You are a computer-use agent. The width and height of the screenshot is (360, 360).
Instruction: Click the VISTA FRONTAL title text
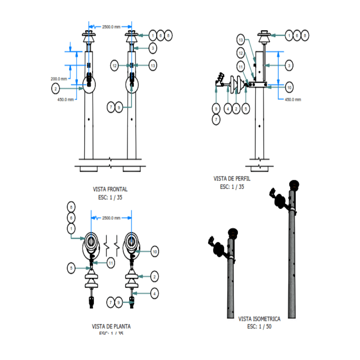click(x=110, y=189)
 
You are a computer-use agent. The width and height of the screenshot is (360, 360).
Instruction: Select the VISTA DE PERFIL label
click(x=232, y=179)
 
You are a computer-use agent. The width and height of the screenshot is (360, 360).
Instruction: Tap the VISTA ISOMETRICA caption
click(x=259, y=319)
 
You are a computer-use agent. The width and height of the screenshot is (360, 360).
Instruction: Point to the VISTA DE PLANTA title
click(x=111, y=326)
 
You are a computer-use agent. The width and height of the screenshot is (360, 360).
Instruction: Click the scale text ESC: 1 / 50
click(x=259, y=327)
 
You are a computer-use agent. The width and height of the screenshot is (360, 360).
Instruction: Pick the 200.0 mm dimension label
click(x=59, y=79)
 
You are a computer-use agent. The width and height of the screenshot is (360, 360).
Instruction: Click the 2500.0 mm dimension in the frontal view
click(x=111, y=27)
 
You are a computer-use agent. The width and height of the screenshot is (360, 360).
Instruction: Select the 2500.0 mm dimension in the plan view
click(x=111, y=218)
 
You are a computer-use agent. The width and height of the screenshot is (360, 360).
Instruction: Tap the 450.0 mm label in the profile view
click(x=293, y=99)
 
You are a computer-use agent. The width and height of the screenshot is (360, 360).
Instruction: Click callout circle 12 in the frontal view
click(x=115, y=66)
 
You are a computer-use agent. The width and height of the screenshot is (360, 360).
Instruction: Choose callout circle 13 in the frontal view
click(x=153, y=66)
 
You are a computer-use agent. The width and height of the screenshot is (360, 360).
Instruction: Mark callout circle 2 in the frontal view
click(x=56, y=89)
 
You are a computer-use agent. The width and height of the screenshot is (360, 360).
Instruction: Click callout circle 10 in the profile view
click(x=289, y=87)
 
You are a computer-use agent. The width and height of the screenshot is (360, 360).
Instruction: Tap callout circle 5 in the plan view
click(x=71, y=268)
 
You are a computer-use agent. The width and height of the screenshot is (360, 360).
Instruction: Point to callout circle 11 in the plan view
click(x=111, y=263)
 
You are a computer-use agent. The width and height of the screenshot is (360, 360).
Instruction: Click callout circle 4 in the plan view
click(x=154, y=294)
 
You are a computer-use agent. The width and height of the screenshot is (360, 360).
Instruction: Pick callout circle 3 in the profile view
click(x=289, y=66)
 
